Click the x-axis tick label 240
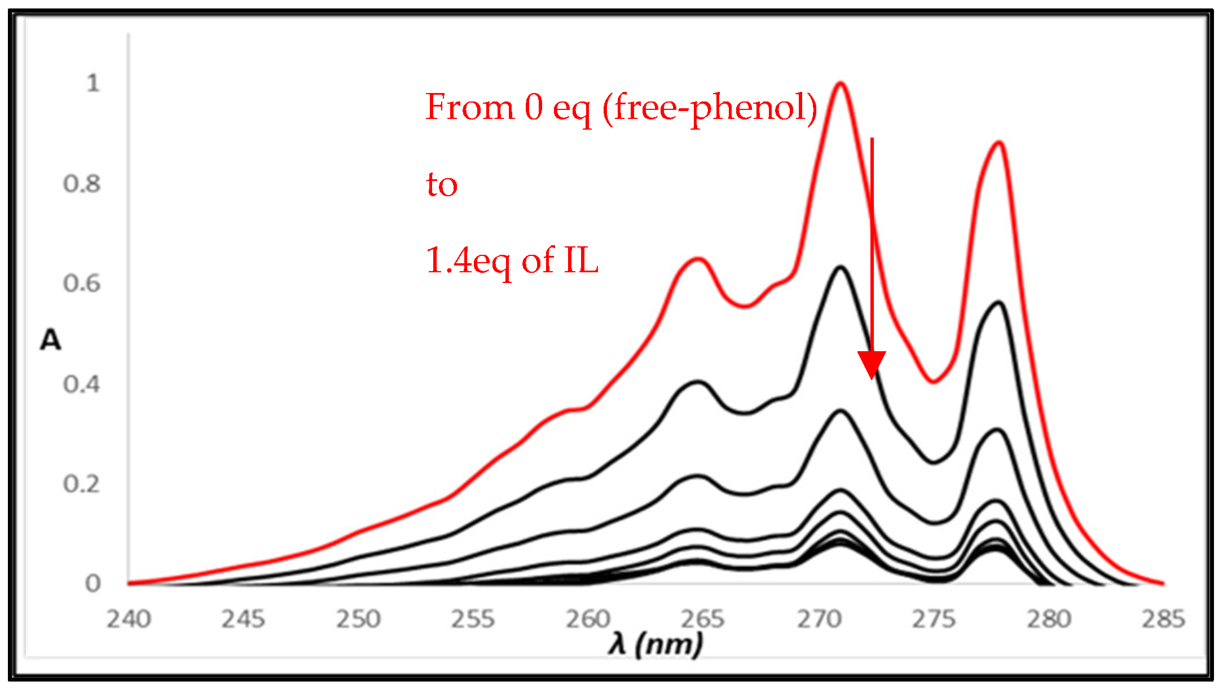pyautogui.click(x=129, y=619)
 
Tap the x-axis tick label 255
pyautogui.click(x=473, y=619)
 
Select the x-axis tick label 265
pyautogui.click(x=702, y=619)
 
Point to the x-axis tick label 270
pyautogui.click(x=819, y=619)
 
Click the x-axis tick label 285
pyautogui.click(x=1163, y=619)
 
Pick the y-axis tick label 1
pyautogui.click(x=93, y=83)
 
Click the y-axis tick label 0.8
pyautogui.click(x=82, y=184)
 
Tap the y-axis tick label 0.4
pyautogui.click(x=82, y=384)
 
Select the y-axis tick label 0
pyautogui.click(x=93, y=583)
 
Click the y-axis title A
pyautogui.click(x=51, y=340)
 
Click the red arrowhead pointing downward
pyautogui.click(x=872, y=364)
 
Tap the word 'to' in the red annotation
pyautogui.click(x=442, y=184)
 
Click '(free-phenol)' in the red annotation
pyautogui.click(x=710, y=108)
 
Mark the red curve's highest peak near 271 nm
pyautogui.click(x=841, y=83)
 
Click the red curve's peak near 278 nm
pyautogui.click(x=999, y=142)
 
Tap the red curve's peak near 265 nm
pyautogui.click(x=698, y=259)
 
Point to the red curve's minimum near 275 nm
pyautogui.click(x=934, y=382)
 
